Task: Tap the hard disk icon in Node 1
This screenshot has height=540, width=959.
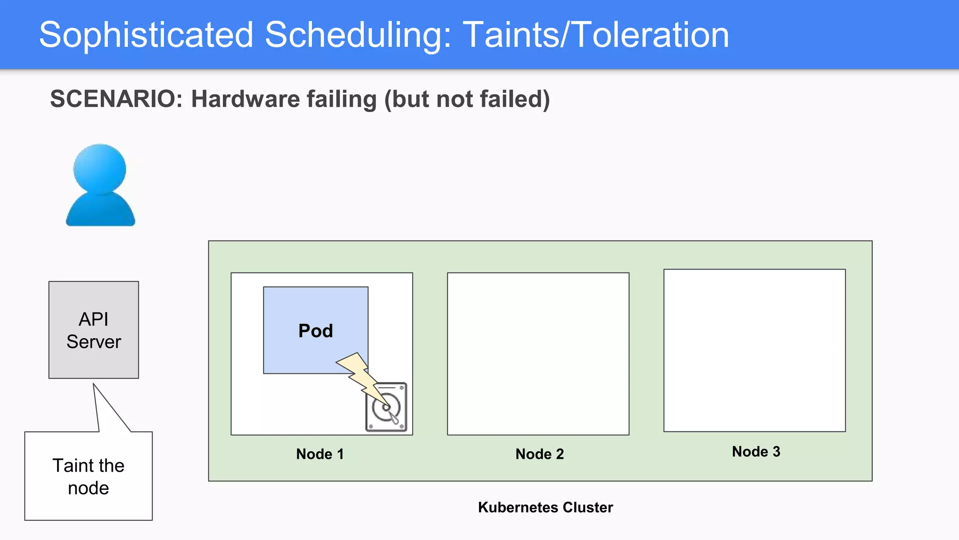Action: click(x=386, y=407)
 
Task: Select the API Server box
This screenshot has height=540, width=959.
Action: click(x=94, y=330)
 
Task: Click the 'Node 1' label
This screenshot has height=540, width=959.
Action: click(x=320, y=454)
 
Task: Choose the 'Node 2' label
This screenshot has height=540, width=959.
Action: click(x=539, y=454)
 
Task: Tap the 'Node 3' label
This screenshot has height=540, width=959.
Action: click(x=756, y=451)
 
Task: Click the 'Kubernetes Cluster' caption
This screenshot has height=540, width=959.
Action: click(x=545, y=507)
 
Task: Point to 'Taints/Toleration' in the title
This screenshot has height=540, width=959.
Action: click(x=596, y=35)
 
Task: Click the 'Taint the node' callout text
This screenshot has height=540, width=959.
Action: click(x=89, y=477)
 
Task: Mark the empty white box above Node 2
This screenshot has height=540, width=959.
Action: click(x=538, y=354)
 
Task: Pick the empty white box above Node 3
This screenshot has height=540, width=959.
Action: click(x=754, y=350)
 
